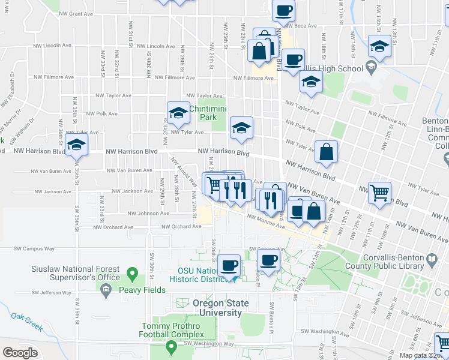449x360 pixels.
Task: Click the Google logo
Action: tap(20, 353)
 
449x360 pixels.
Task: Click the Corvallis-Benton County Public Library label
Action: tap(393, 262)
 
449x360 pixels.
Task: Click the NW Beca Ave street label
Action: tap(300, 26)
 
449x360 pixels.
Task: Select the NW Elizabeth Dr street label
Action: tap(11, 90)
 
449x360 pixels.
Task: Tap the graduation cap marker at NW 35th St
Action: tap(76, 145)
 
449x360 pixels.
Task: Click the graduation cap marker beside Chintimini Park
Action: tap(178, 112)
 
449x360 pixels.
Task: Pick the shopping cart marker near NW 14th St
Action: tap(379, 194)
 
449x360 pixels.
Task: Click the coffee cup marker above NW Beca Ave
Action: tap(283, 11)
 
